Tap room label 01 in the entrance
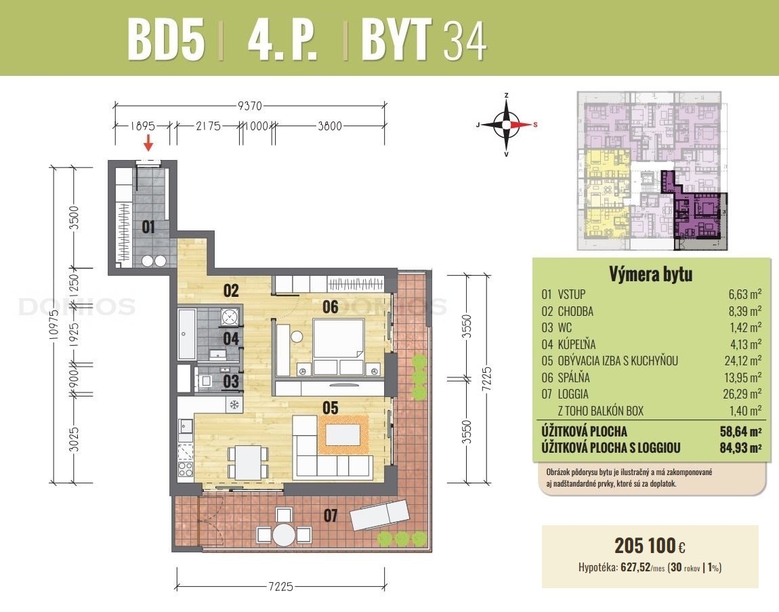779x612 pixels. tap(148, 227)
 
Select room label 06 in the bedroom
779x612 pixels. tap(331, 307)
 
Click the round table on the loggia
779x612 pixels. tap(284, 535)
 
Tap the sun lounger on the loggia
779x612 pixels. tap(380, 516)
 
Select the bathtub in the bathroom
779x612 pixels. tap(187, 334)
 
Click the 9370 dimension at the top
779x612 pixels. tap(249, 106)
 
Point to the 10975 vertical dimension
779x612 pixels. tap(54, 324)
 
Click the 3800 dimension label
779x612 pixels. tap(330, 126)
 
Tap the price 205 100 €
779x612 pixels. tap(650, 546)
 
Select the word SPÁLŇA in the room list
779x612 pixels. tap(573, 378)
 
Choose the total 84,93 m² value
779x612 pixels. tap(741, 447)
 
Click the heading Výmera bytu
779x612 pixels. tap(651, 274)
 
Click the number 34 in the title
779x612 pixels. tap(465, 42)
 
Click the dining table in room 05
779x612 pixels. tap(247, 462)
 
